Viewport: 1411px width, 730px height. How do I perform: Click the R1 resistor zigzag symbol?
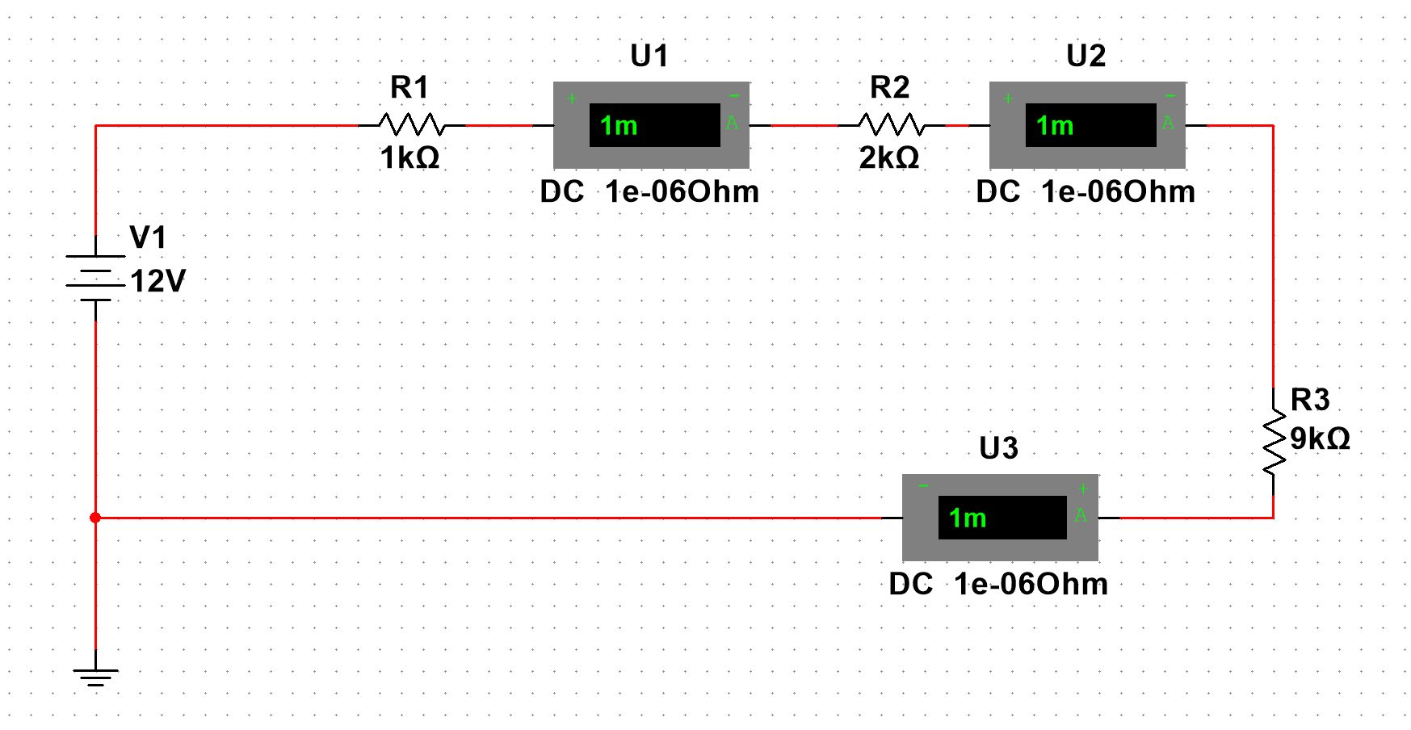412,124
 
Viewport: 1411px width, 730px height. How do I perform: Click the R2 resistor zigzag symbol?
892,124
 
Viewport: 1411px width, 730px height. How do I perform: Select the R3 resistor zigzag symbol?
1274,440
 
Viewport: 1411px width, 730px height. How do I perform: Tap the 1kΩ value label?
409,157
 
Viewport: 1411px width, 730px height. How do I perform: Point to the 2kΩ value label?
888,157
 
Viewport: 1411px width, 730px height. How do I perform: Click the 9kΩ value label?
1320,438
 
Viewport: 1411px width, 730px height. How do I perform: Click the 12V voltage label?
157,281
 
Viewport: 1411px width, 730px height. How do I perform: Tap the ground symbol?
95,677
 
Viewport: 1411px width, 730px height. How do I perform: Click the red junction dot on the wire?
95,518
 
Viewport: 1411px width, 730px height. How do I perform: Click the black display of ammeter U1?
654,125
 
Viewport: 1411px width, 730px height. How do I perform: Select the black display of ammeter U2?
1090,125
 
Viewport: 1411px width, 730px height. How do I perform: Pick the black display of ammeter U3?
1002,518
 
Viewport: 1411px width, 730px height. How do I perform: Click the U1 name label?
649,56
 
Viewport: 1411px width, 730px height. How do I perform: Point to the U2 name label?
1086,56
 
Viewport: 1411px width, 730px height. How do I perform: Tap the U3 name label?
998,448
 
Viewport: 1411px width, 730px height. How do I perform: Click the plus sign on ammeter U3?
1083,489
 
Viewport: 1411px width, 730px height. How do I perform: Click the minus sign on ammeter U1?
734,97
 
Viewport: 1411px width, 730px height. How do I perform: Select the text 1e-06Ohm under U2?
1118,192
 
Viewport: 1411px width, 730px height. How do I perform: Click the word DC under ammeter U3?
910,584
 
